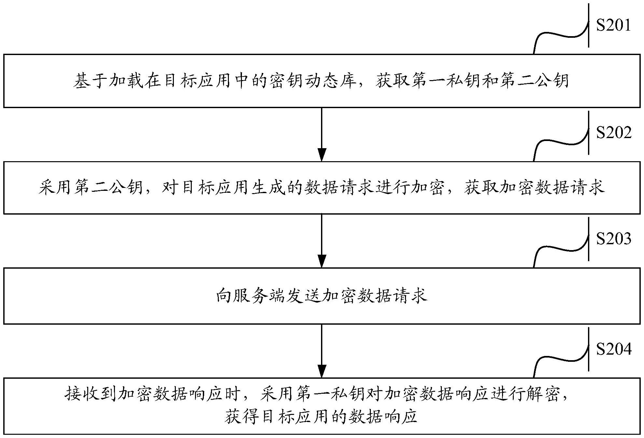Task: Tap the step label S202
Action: click(613, 133)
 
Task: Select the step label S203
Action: click(613, 239)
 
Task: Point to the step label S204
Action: click(613, 349)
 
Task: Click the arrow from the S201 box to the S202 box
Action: click(322, 134)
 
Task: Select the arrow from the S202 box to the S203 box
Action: click(322, 241)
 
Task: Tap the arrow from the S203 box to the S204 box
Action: click(322, 351)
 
